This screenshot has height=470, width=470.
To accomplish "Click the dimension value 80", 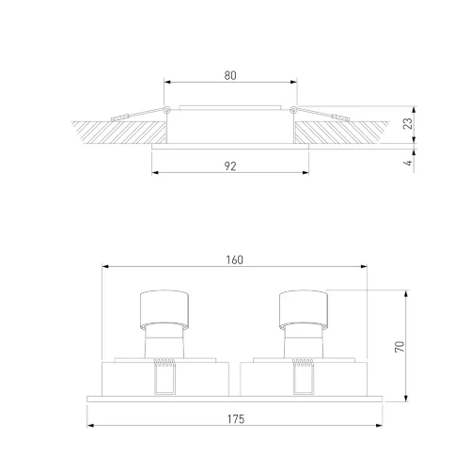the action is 230,75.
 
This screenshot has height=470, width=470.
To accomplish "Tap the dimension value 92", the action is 230,166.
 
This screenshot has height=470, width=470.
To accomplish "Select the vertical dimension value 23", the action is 408,124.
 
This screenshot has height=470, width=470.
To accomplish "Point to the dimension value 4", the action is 408,163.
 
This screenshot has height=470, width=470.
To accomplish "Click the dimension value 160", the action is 235,259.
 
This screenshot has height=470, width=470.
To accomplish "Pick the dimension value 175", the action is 236,419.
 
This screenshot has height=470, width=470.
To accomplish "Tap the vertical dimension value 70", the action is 399,347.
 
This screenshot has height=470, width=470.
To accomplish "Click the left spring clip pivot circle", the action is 167,110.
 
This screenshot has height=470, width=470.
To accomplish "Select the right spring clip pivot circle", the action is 293,110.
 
